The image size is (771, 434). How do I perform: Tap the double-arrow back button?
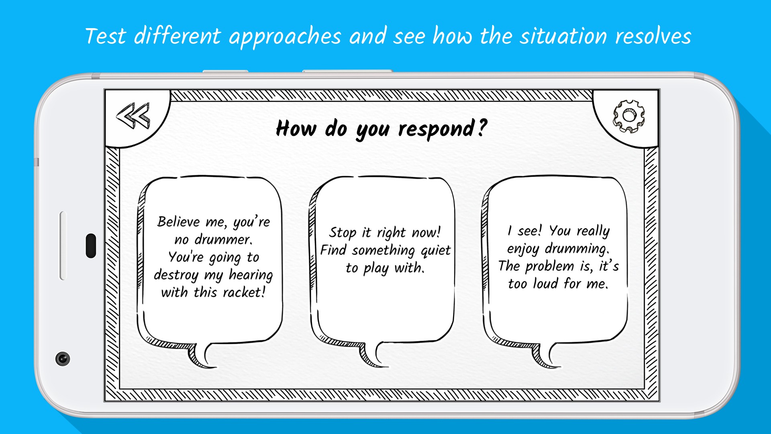pyautogui.click(x=133, y=116)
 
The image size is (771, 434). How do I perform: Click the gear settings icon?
pyautogui.click(x=628, y=116)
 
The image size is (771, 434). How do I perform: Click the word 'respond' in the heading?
pyautogui.click(x=436, y=129)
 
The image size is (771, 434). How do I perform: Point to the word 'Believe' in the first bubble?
pyautogui.click(x=179, y=221)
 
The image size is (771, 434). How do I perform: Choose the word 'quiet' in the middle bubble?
pyautogui.click(x=436, y=251)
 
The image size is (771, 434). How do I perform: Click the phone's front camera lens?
pyautogui.click(x=63, y=358)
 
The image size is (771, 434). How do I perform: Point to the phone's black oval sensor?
pyautogui.click(x=91, y=246)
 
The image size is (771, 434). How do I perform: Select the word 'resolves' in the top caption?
pyautogui.click(x=653, y=36)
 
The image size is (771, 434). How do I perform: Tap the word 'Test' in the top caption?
pyautogui.click(x=106, y=36)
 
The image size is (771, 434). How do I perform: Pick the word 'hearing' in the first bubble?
pyautogui.click(x=251, y=275)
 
